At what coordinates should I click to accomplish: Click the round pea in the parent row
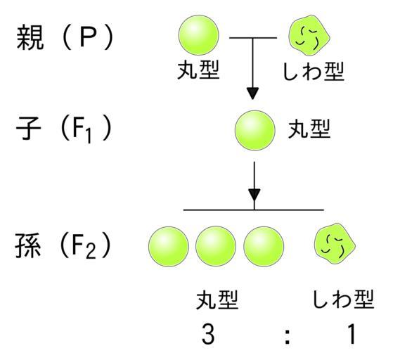click(x=199, y=35)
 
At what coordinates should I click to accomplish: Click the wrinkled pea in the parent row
click(x=309, y=35)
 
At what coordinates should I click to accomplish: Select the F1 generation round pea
click(x=255, y=130)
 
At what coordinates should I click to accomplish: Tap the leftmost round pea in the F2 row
click(x=169, y=247)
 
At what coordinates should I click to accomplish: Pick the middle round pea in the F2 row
click(x=216, y=247)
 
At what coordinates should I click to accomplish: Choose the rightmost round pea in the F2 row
click(x=264, y=247)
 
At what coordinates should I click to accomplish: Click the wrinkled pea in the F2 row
click(x=335, y=243)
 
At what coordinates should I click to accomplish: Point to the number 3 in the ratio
click(x=208, y=334)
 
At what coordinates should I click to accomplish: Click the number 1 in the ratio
click(x=352, y=334)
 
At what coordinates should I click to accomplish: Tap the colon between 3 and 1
click(x=288, y=337)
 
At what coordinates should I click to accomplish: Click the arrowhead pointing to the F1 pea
click(x=253, y=94)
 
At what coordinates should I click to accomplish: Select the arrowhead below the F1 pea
click(x=254, y=195)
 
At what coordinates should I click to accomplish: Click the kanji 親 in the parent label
click(x=30, y=37)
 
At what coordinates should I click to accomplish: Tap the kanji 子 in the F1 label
click(x=28, y=128)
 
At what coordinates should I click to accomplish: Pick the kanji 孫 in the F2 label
click(x=28, y=245)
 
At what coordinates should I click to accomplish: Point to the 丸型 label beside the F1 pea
click(x=309, y=129)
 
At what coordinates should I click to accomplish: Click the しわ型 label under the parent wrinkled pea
click(x=314, y=71)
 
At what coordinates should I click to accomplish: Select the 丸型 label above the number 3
click(x=217, y=300)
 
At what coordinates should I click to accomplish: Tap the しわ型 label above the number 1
click(x=343, y=299)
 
